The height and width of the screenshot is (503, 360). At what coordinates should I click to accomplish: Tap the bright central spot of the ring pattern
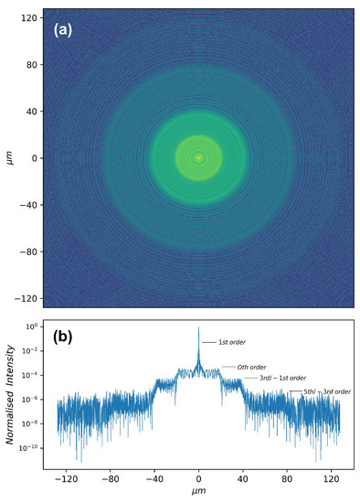tap(198, 157)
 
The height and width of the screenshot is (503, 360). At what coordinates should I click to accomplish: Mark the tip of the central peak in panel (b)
tap(198, 326)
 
